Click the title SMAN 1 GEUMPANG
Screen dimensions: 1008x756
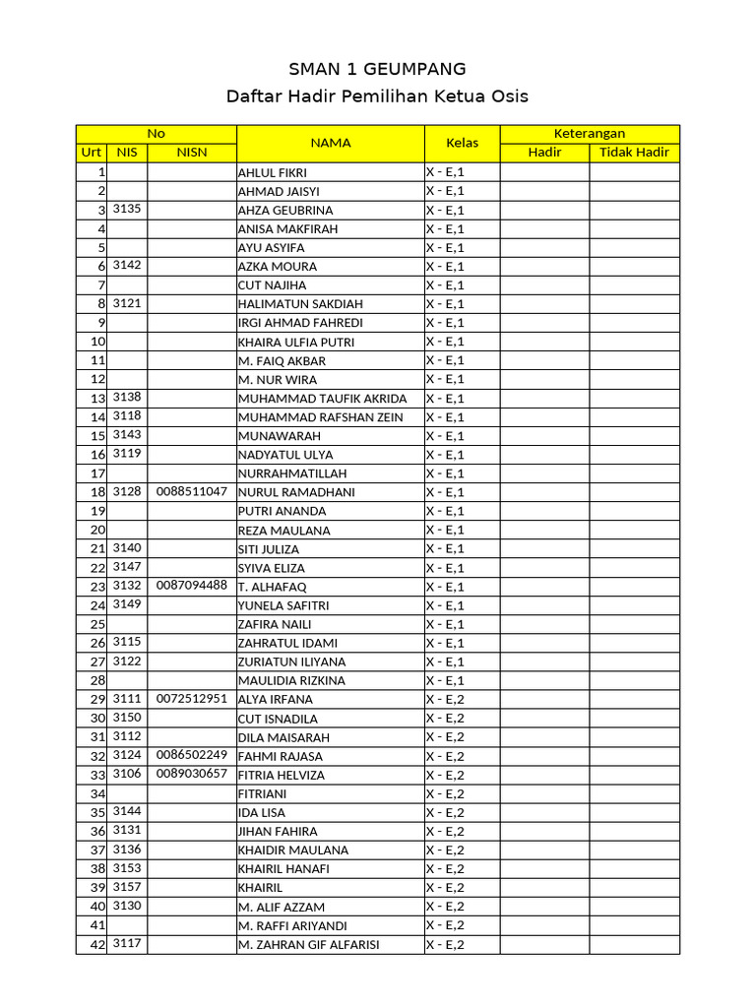(377, 68)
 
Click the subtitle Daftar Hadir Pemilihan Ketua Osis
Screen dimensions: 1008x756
(377, 95)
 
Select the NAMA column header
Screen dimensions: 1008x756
(331, 143)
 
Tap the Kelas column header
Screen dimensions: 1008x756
(462, 143)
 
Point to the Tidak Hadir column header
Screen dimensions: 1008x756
(634, 153)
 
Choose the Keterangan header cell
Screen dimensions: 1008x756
(590, 134)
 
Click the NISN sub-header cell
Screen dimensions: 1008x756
(192, 153)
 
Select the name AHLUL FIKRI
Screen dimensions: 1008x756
(273, 172)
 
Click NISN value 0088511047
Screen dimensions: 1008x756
(192, 491)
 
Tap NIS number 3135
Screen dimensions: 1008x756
(127, 209)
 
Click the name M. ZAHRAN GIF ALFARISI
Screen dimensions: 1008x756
(308, 945)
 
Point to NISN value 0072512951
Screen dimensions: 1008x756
(192, 698)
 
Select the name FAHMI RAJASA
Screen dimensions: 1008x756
(281, 756)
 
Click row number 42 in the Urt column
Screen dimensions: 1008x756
(97, 945)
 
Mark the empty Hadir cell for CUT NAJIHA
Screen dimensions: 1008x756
(544, 285)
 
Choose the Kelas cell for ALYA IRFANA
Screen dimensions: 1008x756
(462, 699)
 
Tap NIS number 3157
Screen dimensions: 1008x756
(127, 887)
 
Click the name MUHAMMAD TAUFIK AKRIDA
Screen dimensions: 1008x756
(322, 399)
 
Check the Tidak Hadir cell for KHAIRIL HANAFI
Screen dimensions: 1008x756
(634, 869)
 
